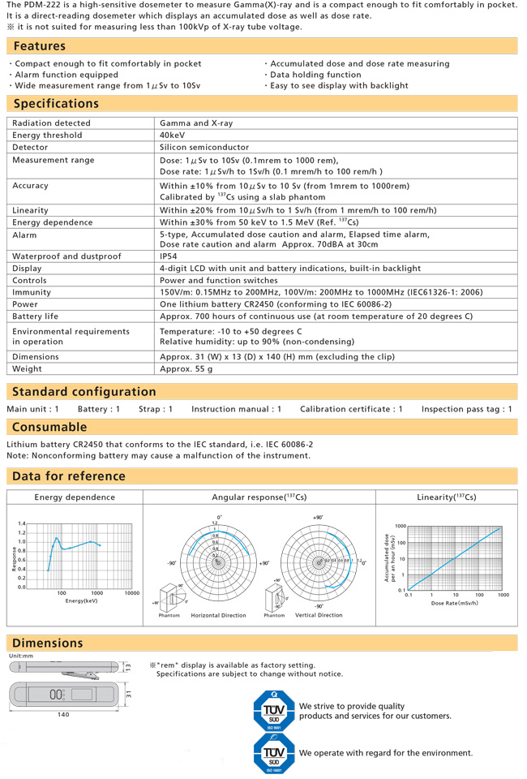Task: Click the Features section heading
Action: (40, 46)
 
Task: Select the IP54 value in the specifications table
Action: (170, 256)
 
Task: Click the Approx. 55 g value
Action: (187, 369)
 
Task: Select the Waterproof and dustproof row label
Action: (66, 256)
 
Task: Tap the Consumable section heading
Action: (49, 427)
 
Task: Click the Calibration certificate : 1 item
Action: (351, 409)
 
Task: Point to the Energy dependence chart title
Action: (75, 497)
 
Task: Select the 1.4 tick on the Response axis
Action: (21, 524)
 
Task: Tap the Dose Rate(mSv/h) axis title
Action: (455, 603)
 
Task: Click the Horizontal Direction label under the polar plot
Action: (218, 615)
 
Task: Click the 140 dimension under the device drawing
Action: (63, 715)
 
